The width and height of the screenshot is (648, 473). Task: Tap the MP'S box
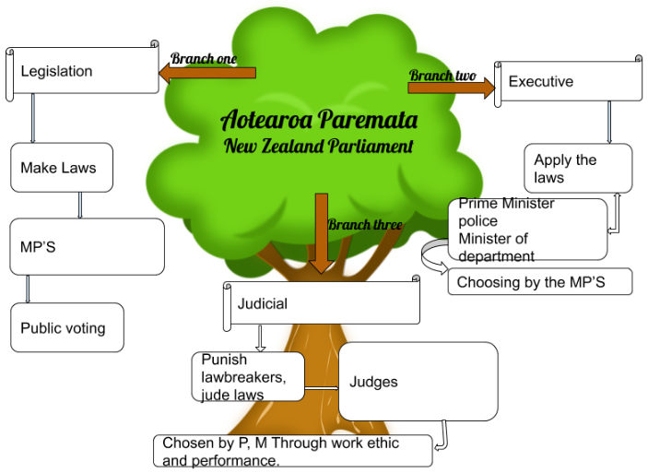point(87,246)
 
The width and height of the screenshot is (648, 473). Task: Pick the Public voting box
point(67,327)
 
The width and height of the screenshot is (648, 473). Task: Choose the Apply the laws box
point(578,168)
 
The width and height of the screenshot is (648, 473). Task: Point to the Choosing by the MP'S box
point(540,282)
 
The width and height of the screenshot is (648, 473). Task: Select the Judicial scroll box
point(322,303)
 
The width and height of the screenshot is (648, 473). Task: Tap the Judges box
point(418,381)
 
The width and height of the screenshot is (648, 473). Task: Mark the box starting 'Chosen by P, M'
point(292,451)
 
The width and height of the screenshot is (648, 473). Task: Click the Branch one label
point(204,59)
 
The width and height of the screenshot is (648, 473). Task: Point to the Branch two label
point(442,75)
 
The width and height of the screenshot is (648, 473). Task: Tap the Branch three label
point(363,224)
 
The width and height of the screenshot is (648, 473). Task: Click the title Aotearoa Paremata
point(319,120)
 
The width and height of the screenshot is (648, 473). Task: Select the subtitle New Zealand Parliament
point(319,146)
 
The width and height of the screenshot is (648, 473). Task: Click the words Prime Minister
point(507,204)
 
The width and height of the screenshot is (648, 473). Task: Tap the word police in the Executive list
point(478,221)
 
